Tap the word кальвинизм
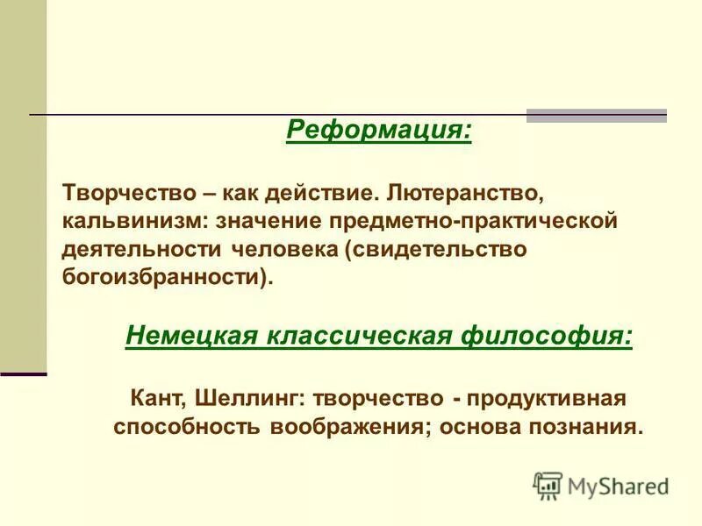pyautogui.click(x=124, y=219)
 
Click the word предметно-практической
pyautogui.click(x=492, y=219)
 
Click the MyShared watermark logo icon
pyautogui.click(x=547, y=484)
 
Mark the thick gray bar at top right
pyautogui.click(x=596, y=115)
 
